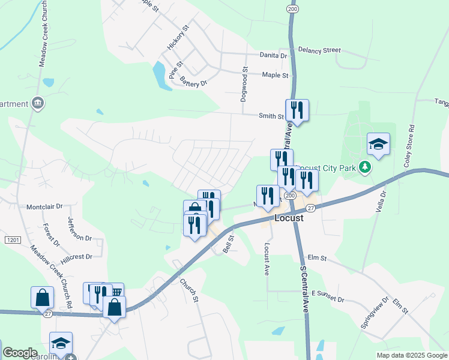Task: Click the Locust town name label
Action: pyautogui.click(x=289, y=218)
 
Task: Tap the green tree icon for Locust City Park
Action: pyautogui.click(x=363, y=166)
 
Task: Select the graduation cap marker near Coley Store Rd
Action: pyautogui.click(x=379, y=144)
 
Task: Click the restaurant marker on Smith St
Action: pyautogui.click(x=297, y=110)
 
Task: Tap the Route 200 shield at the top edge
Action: pyautogui.click(x=292, y=10)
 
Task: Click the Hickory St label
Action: pyautogui.click(x=178, y=37)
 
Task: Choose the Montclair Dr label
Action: pyautogui.click(x=44, y=206)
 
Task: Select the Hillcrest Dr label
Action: pyautogui.click(x=76, y=257)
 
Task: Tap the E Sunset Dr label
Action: pyautogui.click(x=328, y=299)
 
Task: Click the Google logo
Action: pyautogui.click(x=20, y=353)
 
